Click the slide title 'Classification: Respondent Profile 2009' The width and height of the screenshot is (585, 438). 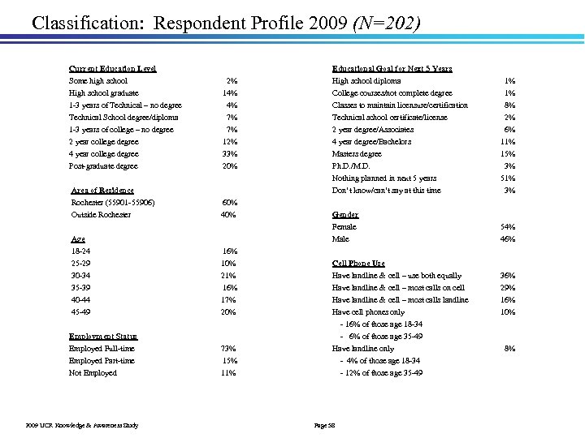[x=178, y=22]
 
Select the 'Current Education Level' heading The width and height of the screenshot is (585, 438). [x=113, y=69]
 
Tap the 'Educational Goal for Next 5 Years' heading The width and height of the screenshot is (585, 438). [x=392, y=69]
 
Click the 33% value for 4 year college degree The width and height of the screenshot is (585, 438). [x=229, y=154]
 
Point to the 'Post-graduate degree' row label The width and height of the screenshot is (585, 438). [x=103, y=166]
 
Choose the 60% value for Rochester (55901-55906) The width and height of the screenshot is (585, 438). [x=229, y=203]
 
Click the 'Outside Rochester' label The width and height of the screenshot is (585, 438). [x=101, y=215]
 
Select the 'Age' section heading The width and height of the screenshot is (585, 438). [x=78, y=239]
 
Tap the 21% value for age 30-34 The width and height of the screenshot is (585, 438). [x=229, y=276]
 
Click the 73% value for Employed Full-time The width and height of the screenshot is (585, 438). [x=229, y=349]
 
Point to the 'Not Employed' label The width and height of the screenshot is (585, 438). [x=93, y=373]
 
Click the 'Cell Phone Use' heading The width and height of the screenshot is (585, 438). [x=358, y=264]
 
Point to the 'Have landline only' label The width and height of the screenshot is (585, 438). [x=363, y=349]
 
